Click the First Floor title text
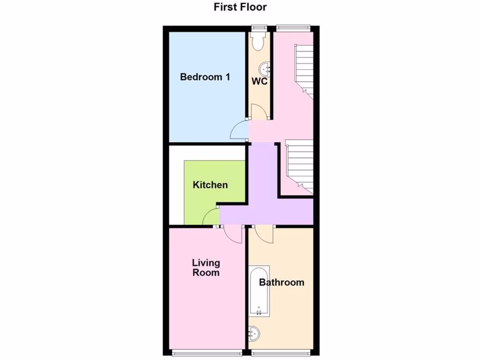click(x=240, y=7)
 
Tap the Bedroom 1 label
click(x=205, y=77)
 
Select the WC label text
click(x=260, y=82)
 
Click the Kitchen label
click(x=210, y=185)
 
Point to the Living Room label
click(x=206, y=268)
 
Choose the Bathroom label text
click(x=281, y=282)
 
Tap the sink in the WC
click(x=267, y=69)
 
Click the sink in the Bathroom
click(x=255, y=333)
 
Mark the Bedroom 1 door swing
click(x=241, y=130)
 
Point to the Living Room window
click(x=207, y=352)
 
